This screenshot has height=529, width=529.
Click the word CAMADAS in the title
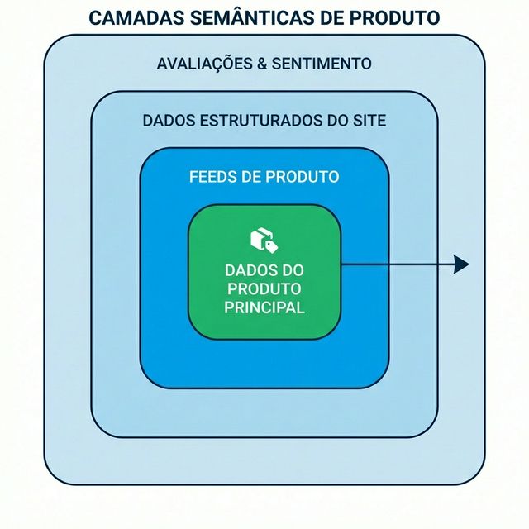[x=129, y=17]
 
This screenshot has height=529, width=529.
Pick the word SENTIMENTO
[x=327, y=64]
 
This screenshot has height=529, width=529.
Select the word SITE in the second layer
[x=369, y=121]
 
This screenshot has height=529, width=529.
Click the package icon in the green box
[x=264, y=240]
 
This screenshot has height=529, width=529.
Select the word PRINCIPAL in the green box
[x=264, y=307]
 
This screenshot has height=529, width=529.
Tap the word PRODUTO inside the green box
[x=264, y=289]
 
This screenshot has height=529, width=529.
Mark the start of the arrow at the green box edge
[x=341, y=264]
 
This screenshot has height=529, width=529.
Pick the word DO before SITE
[x=336, y=121]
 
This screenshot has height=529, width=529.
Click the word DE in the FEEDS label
[x=252, y=177]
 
